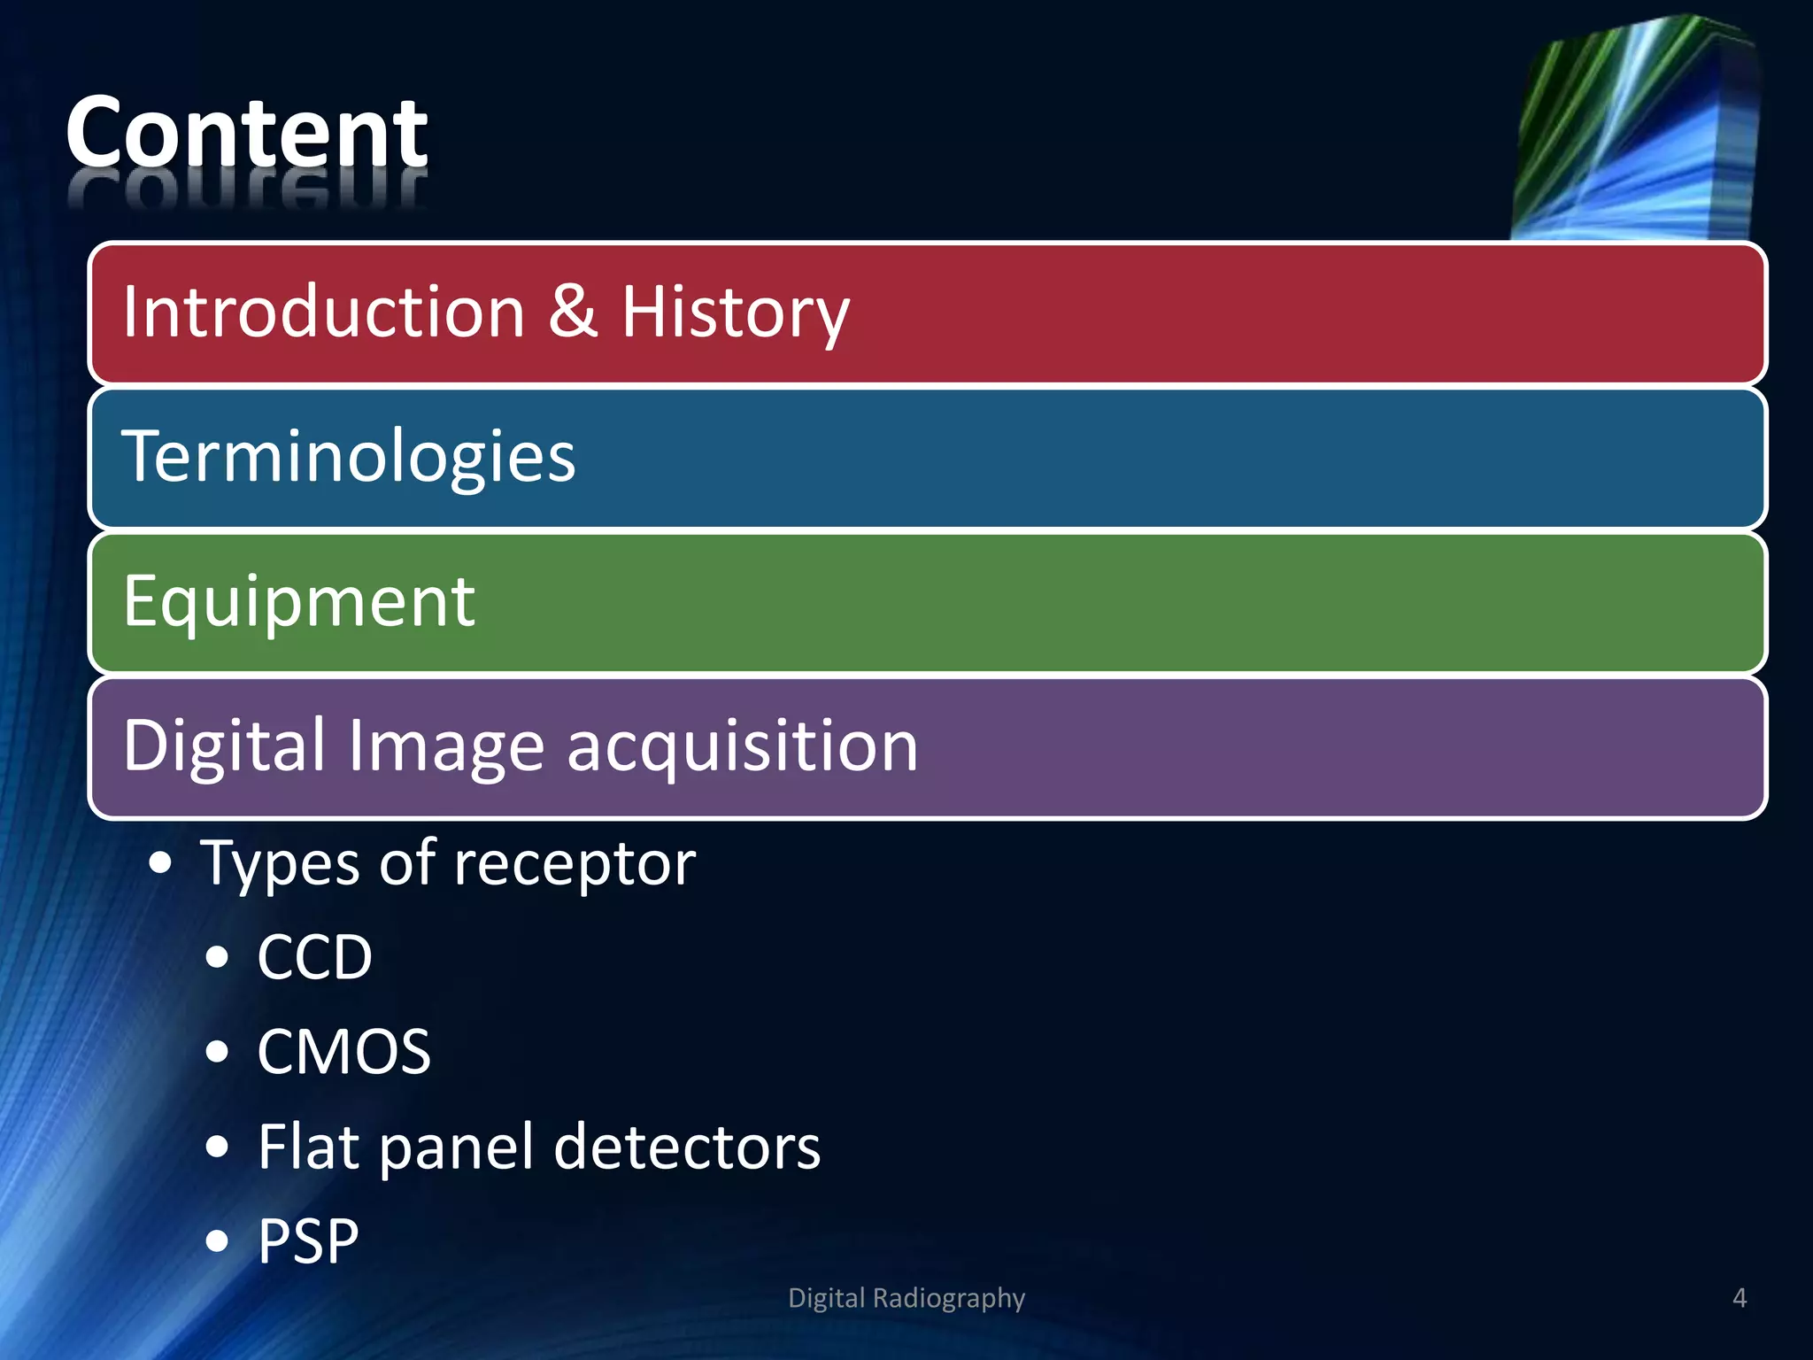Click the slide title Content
pos(246,133)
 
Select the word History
pos(735,313)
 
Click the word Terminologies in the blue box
pos(348,457)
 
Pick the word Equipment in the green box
pos(299,602)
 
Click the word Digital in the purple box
pos(225,746)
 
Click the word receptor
pos(575,864)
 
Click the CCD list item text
pos(314,957)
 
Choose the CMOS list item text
pos(343,1052)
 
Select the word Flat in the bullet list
pos(308,1147)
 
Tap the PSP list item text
pos(308,1240)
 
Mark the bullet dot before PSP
pos(217,1241)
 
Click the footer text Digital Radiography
pos(906,1298)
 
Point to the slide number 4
pos(1739,1298)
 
